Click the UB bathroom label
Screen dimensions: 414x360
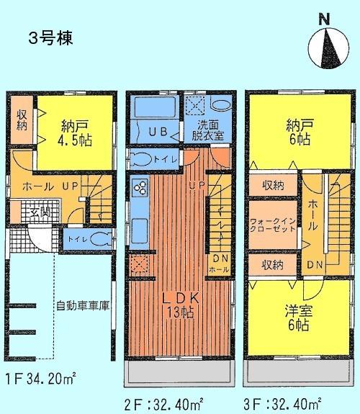pos(158,131)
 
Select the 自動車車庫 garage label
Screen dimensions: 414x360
pos(83,305)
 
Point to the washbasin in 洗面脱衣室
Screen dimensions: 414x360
pos(220,107)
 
